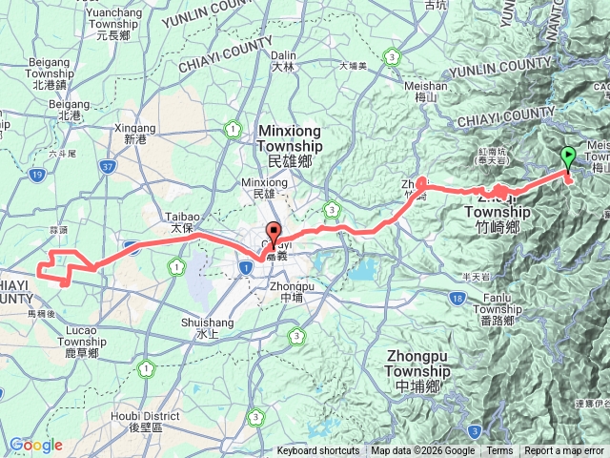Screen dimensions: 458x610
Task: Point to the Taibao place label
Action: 182,218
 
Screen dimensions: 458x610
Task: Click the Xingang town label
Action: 133,128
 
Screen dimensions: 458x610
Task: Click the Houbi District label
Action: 150,416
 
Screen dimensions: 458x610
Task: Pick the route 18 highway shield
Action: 458,300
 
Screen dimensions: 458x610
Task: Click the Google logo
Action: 36,445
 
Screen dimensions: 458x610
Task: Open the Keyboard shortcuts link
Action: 318,451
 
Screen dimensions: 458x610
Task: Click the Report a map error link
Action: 565,451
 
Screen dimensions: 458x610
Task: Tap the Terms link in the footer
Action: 499,451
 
